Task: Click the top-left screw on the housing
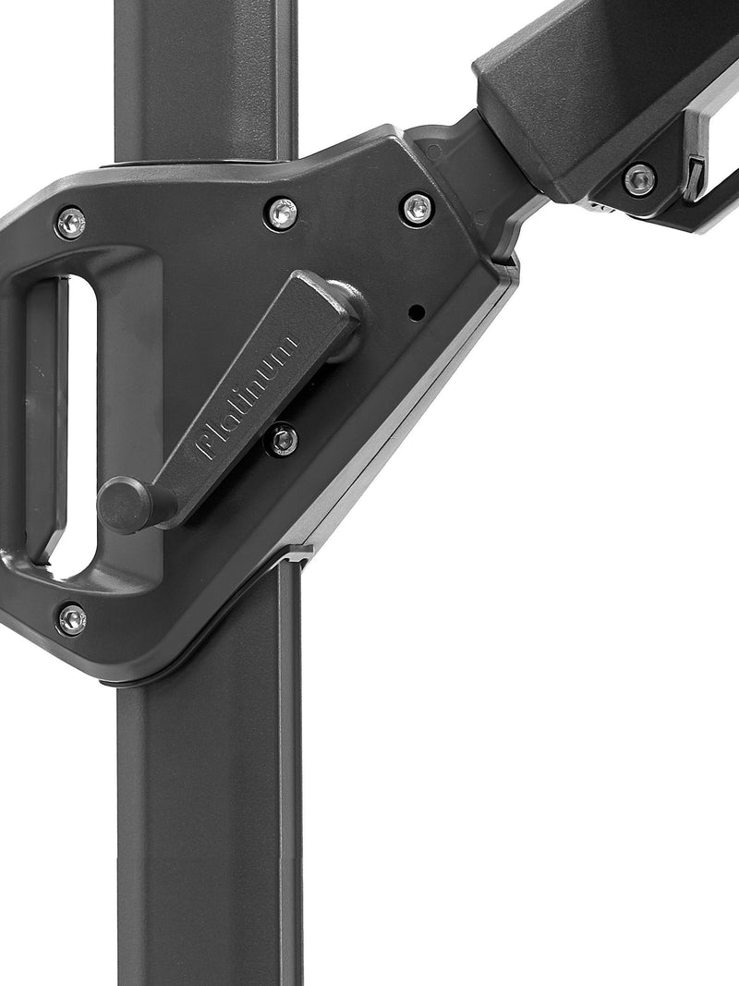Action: [x=70, y=223]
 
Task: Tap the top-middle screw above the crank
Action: [x=281, y=213]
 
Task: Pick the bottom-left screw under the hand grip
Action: [x=72, y=619]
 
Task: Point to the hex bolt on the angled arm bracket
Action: [x=640, y=179]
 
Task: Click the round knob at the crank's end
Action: [x=124, y=505]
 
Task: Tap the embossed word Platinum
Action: [x=246, y=396]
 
